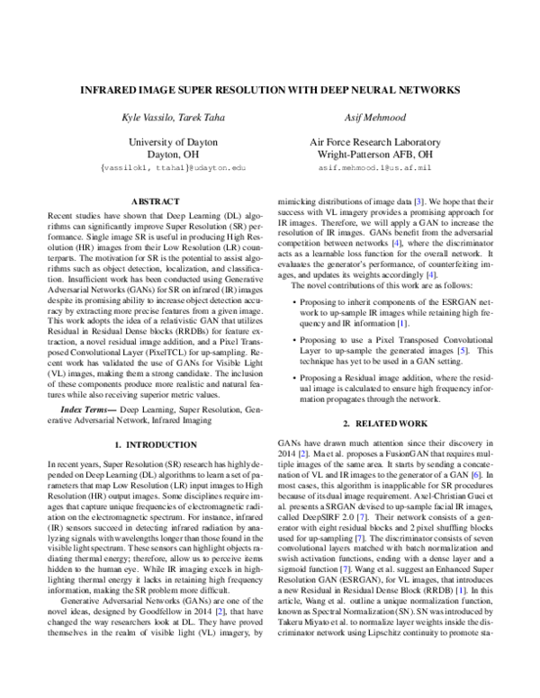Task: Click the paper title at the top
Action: (270, 90)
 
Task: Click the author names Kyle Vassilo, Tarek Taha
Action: (161, 118)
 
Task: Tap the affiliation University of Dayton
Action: (161, 142)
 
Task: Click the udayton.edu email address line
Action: (161, 167)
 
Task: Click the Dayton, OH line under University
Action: (161, 155)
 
